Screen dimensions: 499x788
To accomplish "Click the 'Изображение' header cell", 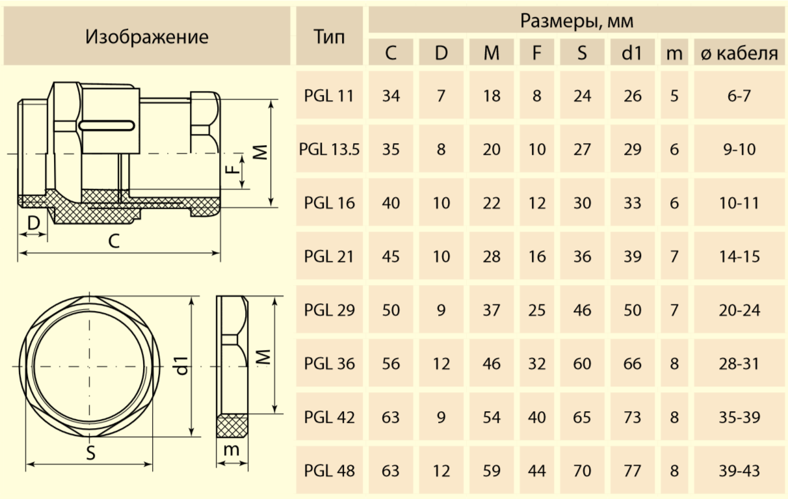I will point(147,36).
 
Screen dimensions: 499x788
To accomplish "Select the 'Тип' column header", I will point(329,36).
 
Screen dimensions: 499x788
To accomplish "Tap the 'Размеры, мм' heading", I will point(576,21).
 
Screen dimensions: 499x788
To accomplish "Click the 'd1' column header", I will point(632,53).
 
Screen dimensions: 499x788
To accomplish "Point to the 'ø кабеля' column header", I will point(739,53).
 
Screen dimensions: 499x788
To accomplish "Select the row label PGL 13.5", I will point(329,150).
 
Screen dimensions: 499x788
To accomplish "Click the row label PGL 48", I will point(329,470).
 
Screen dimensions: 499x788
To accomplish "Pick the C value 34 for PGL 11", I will point(391,96).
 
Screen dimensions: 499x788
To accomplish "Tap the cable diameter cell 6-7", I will point(739,96).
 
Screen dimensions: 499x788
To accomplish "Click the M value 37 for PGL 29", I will point(492,310).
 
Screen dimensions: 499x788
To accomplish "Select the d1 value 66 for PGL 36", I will point(632,364).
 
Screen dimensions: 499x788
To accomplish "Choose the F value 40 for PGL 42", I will point(537,417).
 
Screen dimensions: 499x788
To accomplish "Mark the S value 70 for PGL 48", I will point(582,470).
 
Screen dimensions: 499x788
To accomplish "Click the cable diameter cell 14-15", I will point(739,256).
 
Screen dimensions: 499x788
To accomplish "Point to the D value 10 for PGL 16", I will point(441,203).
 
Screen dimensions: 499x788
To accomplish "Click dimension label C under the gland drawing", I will point(114,241).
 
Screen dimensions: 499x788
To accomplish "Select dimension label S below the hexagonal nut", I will point(91,453).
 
